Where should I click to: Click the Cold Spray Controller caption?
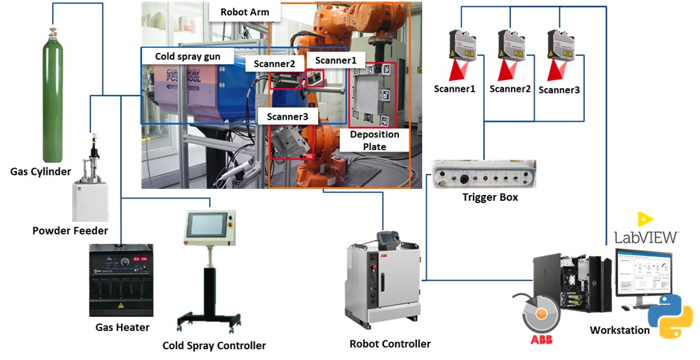point(214,345)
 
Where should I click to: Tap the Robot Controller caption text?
point(389,344)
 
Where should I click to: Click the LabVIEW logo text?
point(646,236)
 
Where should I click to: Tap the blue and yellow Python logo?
point(669,316)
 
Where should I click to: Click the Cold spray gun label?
point(187,56)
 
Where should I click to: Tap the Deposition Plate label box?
point(375,140)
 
